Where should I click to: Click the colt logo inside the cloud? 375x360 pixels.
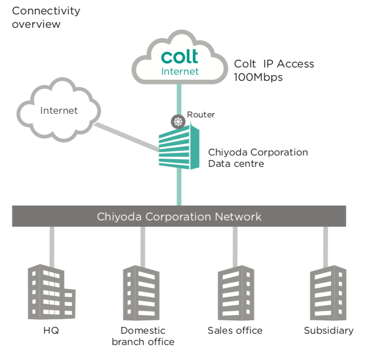(179, 56)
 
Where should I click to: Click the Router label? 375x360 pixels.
(201, 115)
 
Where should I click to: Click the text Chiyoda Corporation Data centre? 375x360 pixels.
(258, 158)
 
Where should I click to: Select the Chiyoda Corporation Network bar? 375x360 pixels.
(179, 216)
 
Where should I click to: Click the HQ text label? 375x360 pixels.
(51, 331)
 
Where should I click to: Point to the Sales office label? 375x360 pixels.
(235, 331)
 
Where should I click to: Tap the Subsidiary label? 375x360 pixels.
(329, 331)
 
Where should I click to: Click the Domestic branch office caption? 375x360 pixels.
(143, 336)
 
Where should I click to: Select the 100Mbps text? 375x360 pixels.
(258, 77)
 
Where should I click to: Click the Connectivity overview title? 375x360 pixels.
(46, 18)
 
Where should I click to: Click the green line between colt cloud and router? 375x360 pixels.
(179, 98)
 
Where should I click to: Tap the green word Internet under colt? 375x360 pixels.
(180, 72)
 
